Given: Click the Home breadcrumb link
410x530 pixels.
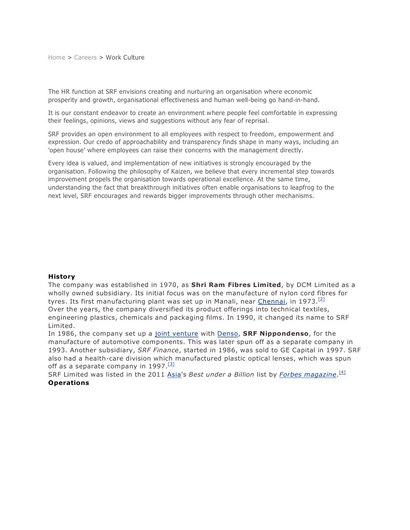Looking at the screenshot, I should click(x=56, y=58).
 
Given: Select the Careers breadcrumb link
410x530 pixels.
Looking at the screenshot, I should click(x=86, y=58).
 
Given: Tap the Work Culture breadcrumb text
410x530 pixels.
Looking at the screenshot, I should click(x=125, y=58).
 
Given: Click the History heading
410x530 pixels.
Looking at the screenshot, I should click(x=62, y=277).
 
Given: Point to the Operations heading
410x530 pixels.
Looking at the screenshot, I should click(x=68, y=383).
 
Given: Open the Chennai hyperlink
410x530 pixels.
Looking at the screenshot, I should click(x=272, y=302).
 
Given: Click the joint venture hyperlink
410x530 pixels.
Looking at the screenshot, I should click(x=176, y=334).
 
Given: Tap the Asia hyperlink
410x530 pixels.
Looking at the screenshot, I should click(x=174, y=375).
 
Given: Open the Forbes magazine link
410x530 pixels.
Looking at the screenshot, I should click(x=308, y=375).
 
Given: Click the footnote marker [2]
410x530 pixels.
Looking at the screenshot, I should click(x=321, y=299).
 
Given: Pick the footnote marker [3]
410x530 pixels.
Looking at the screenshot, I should click(x=171, y=364).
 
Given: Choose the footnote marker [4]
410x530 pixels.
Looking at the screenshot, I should click(x=342, y=372).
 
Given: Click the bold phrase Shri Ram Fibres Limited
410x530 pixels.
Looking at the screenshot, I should click(x=236, y=285).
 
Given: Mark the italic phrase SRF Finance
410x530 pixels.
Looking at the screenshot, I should click(x=158, y=350).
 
